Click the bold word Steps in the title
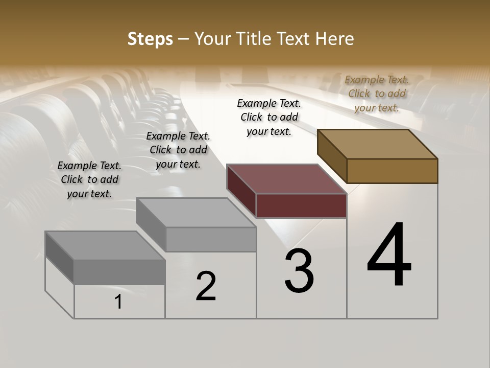(150, 39)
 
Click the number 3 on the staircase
(299, 271)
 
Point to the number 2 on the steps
(206, 286)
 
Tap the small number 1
(118, 302)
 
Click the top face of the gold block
(378, 144)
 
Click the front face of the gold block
(392, 171)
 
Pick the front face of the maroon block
(301, 206)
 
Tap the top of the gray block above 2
(197, 213)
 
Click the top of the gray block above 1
(105, 246)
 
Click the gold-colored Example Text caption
(377, 94)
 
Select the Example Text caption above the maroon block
(269, 117)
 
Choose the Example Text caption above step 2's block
(178, 150)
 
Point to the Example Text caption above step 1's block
(89, 179)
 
